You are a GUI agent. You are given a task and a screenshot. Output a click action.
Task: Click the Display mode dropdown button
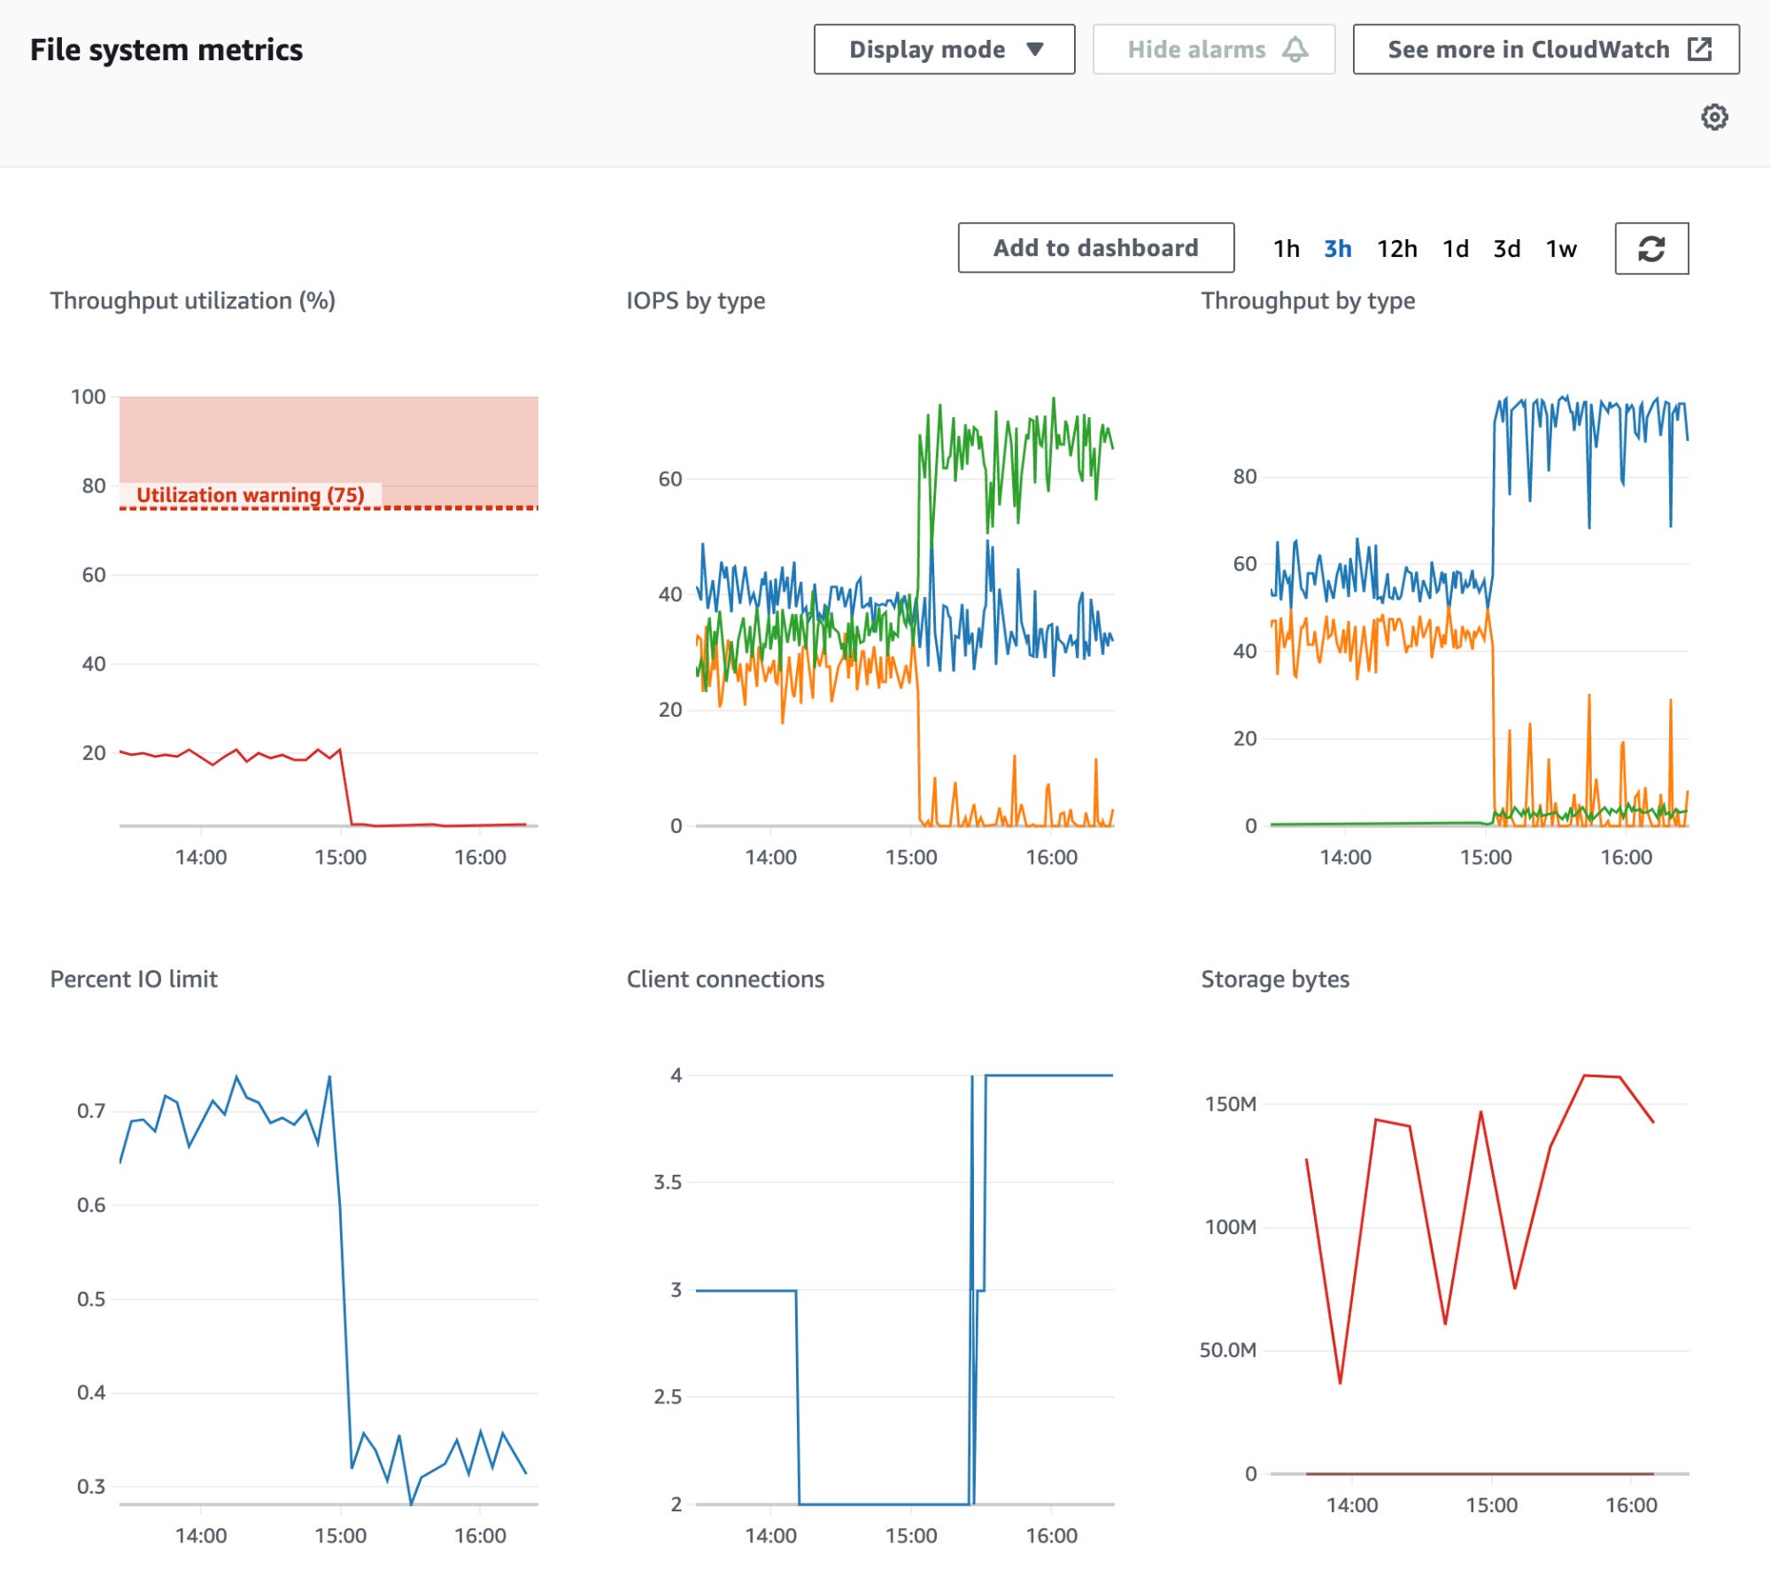click(944, 50)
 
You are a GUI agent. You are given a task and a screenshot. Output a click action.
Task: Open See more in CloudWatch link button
click(1545, 50)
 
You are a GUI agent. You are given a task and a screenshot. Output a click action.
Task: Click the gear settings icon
click(1714, 117)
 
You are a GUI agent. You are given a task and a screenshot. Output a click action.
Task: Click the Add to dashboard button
click(1095, 248)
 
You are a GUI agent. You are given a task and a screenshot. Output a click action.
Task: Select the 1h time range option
click(1286, 249)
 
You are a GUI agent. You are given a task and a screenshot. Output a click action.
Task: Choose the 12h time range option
click(1396, 249)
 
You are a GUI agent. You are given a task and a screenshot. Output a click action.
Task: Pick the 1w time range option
click(1561, 249)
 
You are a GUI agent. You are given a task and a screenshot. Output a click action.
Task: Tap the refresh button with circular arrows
click(1651, 249)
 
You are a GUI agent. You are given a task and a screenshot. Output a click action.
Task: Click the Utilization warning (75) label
click(251, 495)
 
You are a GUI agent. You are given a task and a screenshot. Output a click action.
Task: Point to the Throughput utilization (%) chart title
click(192, 301)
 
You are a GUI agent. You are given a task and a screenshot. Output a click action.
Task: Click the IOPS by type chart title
click(695, 301)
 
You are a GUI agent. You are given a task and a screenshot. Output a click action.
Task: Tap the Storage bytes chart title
click(1274, 979)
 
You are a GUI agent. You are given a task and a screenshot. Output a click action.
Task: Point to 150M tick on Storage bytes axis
click(1230, 1104)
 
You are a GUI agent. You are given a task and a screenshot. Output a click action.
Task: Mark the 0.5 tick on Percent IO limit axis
click(90, 1299)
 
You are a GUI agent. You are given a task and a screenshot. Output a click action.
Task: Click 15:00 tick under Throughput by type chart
click(1485, 858)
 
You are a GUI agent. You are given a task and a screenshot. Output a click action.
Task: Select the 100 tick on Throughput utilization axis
click(88, 397)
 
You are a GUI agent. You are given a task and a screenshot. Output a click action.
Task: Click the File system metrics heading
click(166, 50)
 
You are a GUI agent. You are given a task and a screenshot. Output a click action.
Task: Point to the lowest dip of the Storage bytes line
click(1340, 1382)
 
